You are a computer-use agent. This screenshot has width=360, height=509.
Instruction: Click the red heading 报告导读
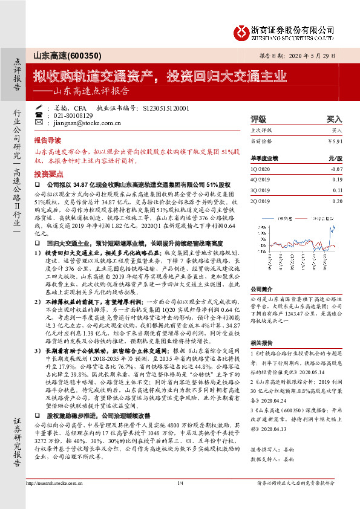click(48, 138)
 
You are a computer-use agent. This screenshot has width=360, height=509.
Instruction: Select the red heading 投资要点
click(48, 172)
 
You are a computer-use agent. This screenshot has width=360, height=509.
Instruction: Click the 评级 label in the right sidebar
click(258, 119)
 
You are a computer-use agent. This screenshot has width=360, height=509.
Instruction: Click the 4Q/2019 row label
click(260, 180)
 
